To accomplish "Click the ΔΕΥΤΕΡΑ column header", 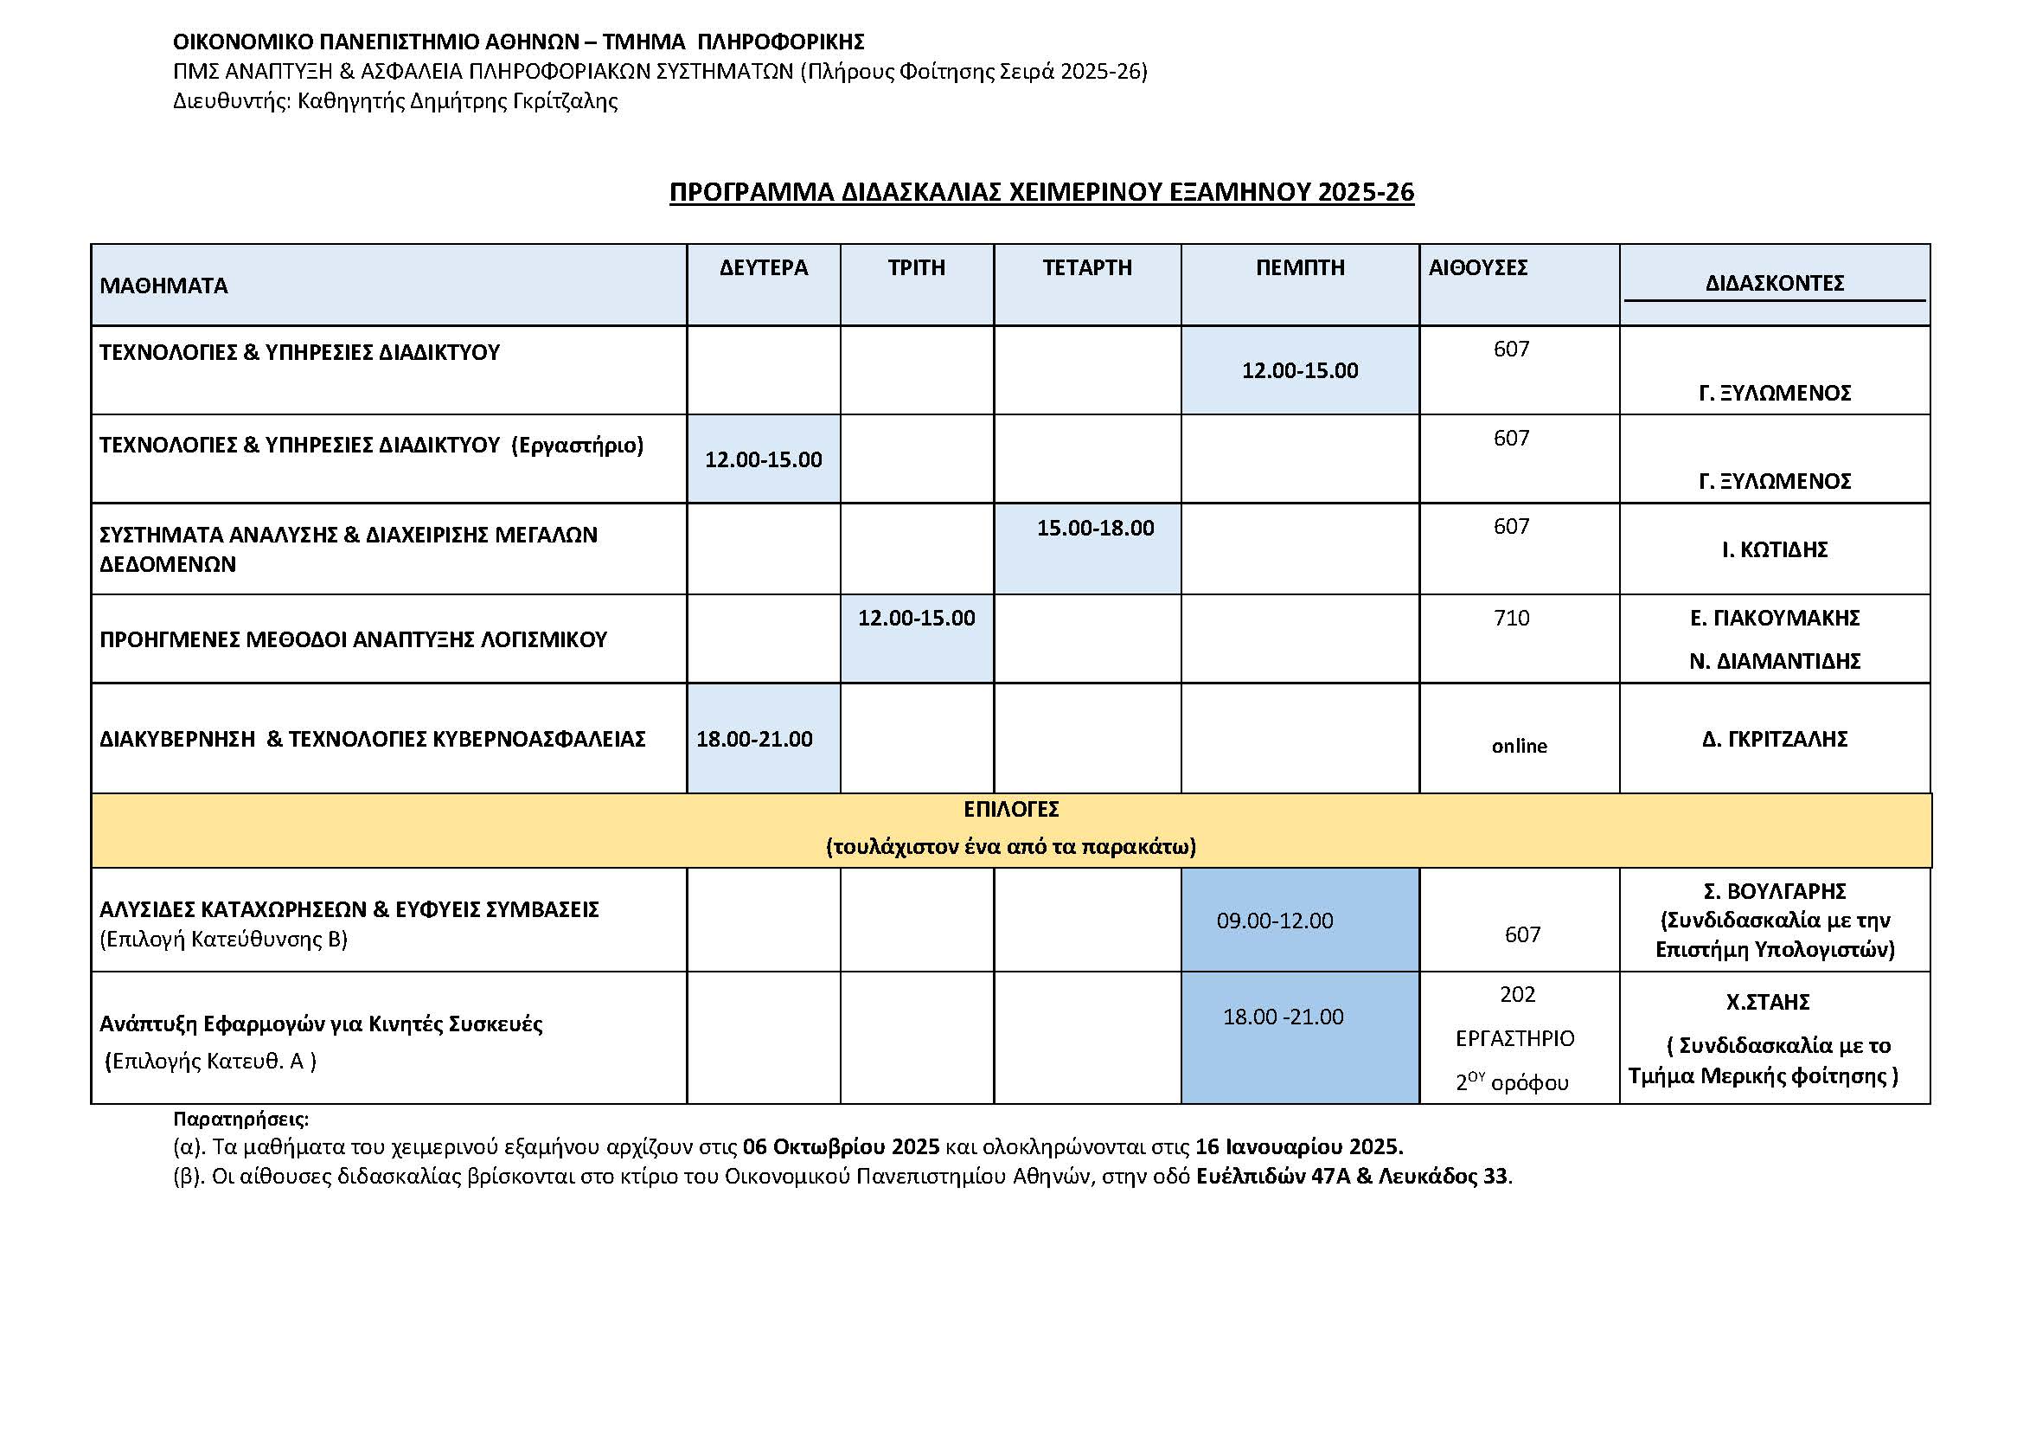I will click(763, 267).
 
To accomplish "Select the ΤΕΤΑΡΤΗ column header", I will click(1086, 267).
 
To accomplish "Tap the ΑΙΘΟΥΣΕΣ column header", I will click(1477, 267).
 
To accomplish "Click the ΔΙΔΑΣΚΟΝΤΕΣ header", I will click(1774, 283).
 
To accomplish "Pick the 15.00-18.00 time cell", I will click(1094, 528).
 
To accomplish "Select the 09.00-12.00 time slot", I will click(1274, 921).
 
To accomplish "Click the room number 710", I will click(1511, 618).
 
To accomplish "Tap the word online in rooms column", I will click(1518, 746).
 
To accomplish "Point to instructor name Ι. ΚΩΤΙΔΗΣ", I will click(1774, 549).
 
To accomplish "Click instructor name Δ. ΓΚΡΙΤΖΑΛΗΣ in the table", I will click(1774, 738).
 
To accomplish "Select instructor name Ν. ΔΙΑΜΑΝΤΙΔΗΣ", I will click(1774, 661).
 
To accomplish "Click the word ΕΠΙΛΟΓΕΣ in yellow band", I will click(1010, 809).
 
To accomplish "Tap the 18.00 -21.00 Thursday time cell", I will click(1283, 1017).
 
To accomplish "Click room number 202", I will click(1517, 994).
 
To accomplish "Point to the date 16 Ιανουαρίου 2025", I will click(1298, 1146).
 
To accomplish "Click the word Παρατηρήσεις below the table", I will click(240, 1119).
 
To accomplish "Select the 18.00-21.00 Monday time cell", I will click(754, 738).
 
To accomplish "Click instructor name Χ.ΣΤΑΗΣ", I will click(1768, 1002).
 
